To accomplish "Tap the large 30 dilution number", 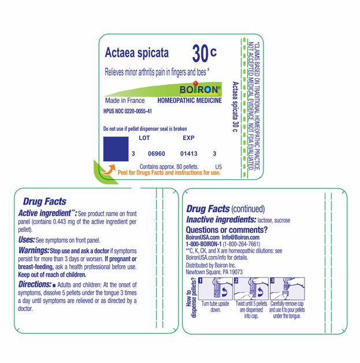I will pyautogui.click(x=200, y=53).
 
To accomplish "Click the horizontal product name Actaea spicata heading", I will pyautogui.click(x=137, y=53).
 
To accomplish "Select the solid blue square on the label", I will pyautogui.click(x=115, y=149).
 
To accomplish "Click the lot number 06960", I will pyautogui.click(x=157, y=154).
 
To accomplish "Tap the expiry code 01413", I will pyautogui.click(x=189, y=154).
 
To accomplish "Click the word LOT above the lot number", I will pyautogui.click(x=144, y=138).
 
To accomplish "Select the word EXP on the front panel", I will pyautogui.click(x=188, y=138).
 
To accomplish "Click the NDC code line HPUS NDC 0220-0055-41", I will pyautogui.click(x=128, y=111).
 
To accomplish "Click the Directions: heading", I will pyautogui.click(x=36, y=286).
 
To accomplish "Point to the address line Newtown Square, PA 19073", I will pyautogui.click(x=214, y=271).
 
